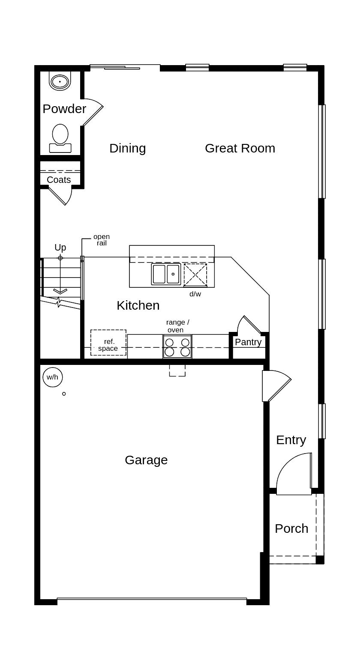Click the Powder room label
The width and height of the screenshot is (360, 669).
[x=64, y=109]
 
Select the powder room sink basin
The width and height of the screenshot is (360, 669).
[x=60, y=81]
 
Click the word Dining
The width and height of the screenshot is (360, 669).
[x=127, y=148]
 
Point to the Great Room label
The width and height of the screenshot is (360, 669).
[x=240, y=148]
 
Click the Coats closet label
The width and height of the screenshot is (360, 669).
[x=59, y=180]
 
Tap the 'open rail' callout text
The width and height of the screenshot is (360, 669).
[x=102, y=240]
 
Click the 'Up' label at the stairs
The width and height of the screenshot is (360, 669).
[x=60, y=248]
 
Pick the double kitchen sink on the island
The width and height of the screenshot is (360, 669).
[x=166, y=274]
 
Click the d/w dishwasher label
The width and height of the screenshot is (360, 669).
[x=195, y=294]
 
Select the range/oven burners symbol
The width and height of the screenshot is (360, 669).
[x=177, y=347]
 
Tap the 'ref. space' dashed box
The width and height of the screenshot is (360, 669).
[x=108, y=343]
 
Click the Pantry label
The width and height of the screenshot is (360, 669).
[x=248, y=342]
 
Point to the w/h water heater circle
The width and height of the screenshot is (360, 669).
[x=53, y=377]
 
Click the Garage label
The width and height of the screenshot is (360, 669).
[x=146, y=460]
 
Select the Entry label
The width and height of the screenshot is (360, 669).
[x=291, y=440]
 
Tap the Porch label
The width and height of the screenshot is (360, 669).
[x=291, y=529]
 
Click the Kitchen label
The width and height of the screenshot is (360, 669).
[x=138, y=305]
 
